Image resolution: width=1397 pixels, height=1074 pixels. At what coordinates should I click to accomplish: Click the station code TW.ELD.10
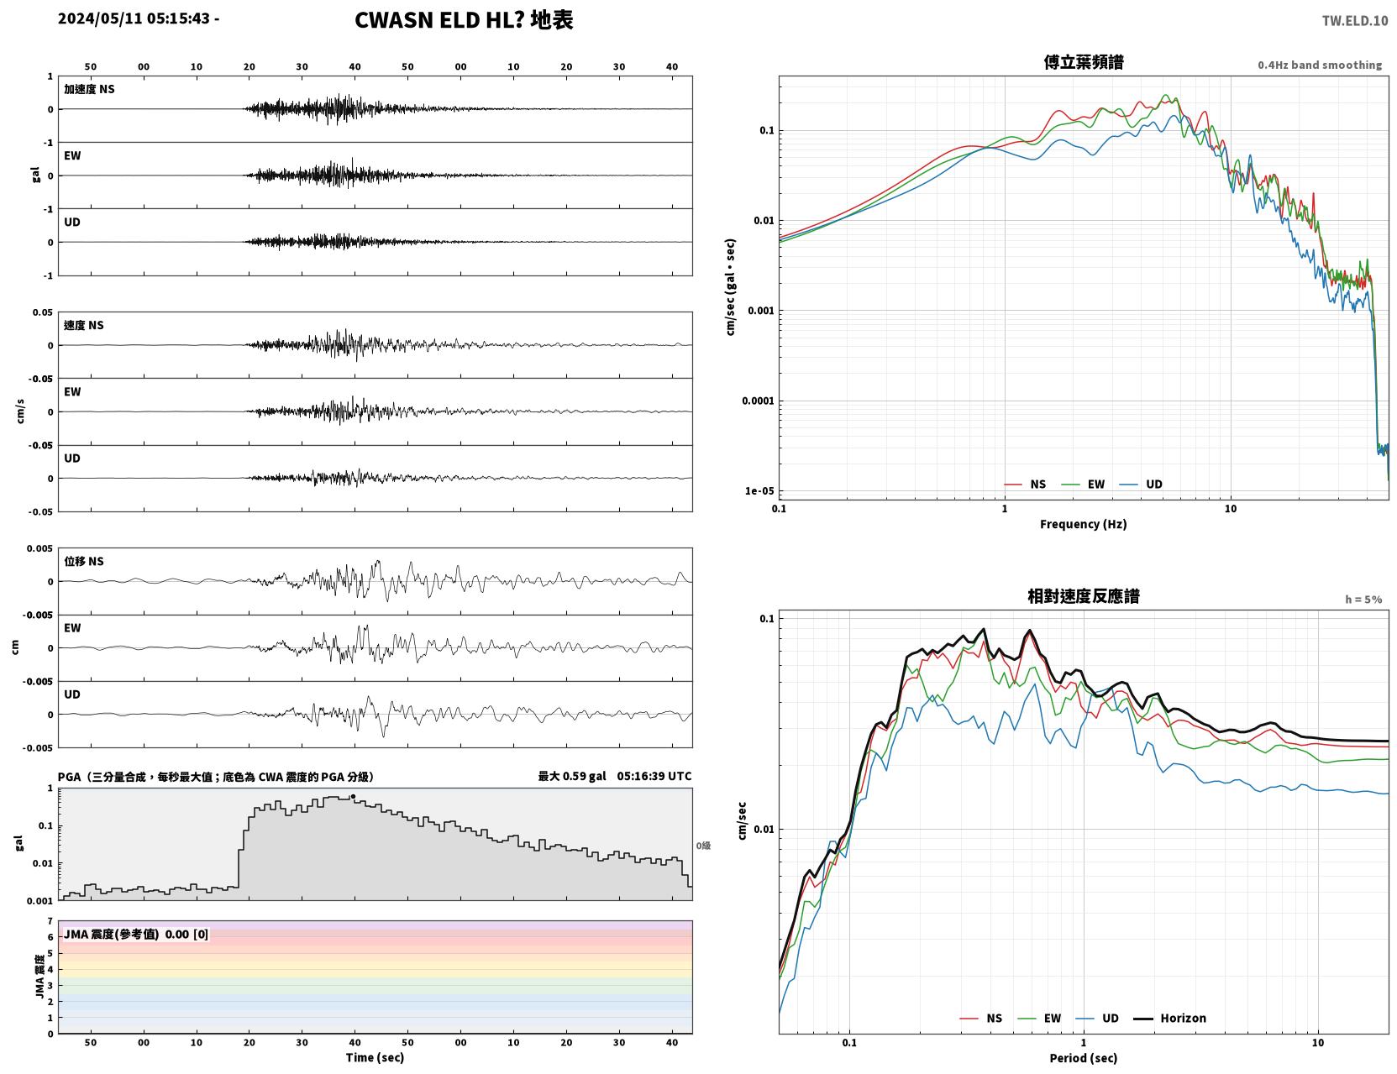pos(1354,20)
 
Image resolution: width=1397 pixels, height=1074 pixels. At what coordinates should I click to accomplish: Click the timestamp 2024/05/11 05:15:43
pos(134,18)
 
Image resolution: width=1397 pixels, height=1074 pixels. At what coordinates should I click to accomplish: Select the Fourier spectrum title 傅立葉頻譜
pos(1084,62)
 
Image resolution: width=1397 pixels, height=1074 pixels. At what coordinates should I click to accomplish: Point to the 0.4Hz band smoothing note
pos(1319,65)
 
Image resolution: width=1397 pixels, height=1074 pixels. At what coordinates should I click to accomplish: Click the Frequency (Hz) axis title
pos(1084,524)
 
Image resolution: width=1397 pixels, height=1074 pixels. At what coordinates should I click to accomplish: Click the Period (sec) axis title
pos(1084,1058)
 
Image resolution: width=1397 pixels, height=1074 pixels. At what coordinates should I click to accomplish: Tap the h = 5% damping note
pos(1363,600)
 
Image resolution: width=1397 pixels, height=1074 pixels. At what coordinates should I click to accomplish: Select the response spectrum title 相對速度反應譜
pos(1084,596)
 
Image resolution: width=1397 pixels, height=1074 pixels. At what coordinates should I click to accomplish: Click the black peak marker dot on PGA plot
pos(353,797)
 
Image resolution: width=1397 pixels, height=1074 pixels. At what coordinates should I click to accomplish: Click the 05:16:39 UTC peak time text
pos(654,776)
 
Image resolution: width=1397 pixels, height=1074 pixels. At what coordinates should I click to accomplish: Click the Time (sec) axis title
pos(375,1057)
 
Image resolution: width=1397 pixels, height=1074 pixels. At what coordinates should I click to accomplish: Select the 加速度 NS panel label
pos(89,89)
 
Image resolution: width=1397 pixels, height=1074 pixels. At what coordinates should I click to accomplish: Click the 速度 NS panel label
pos(83,325)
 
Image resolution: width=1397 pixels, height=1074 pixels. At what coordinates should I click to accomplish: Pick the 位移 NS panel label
pos(83,561)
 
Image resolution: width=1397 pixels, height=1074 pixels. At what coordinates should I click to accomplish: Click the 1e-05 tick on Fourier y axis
pos(759,491)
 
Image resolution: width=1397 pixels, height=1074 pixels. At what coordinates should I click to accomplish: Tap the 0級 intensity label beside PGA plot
pos(702,846)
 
